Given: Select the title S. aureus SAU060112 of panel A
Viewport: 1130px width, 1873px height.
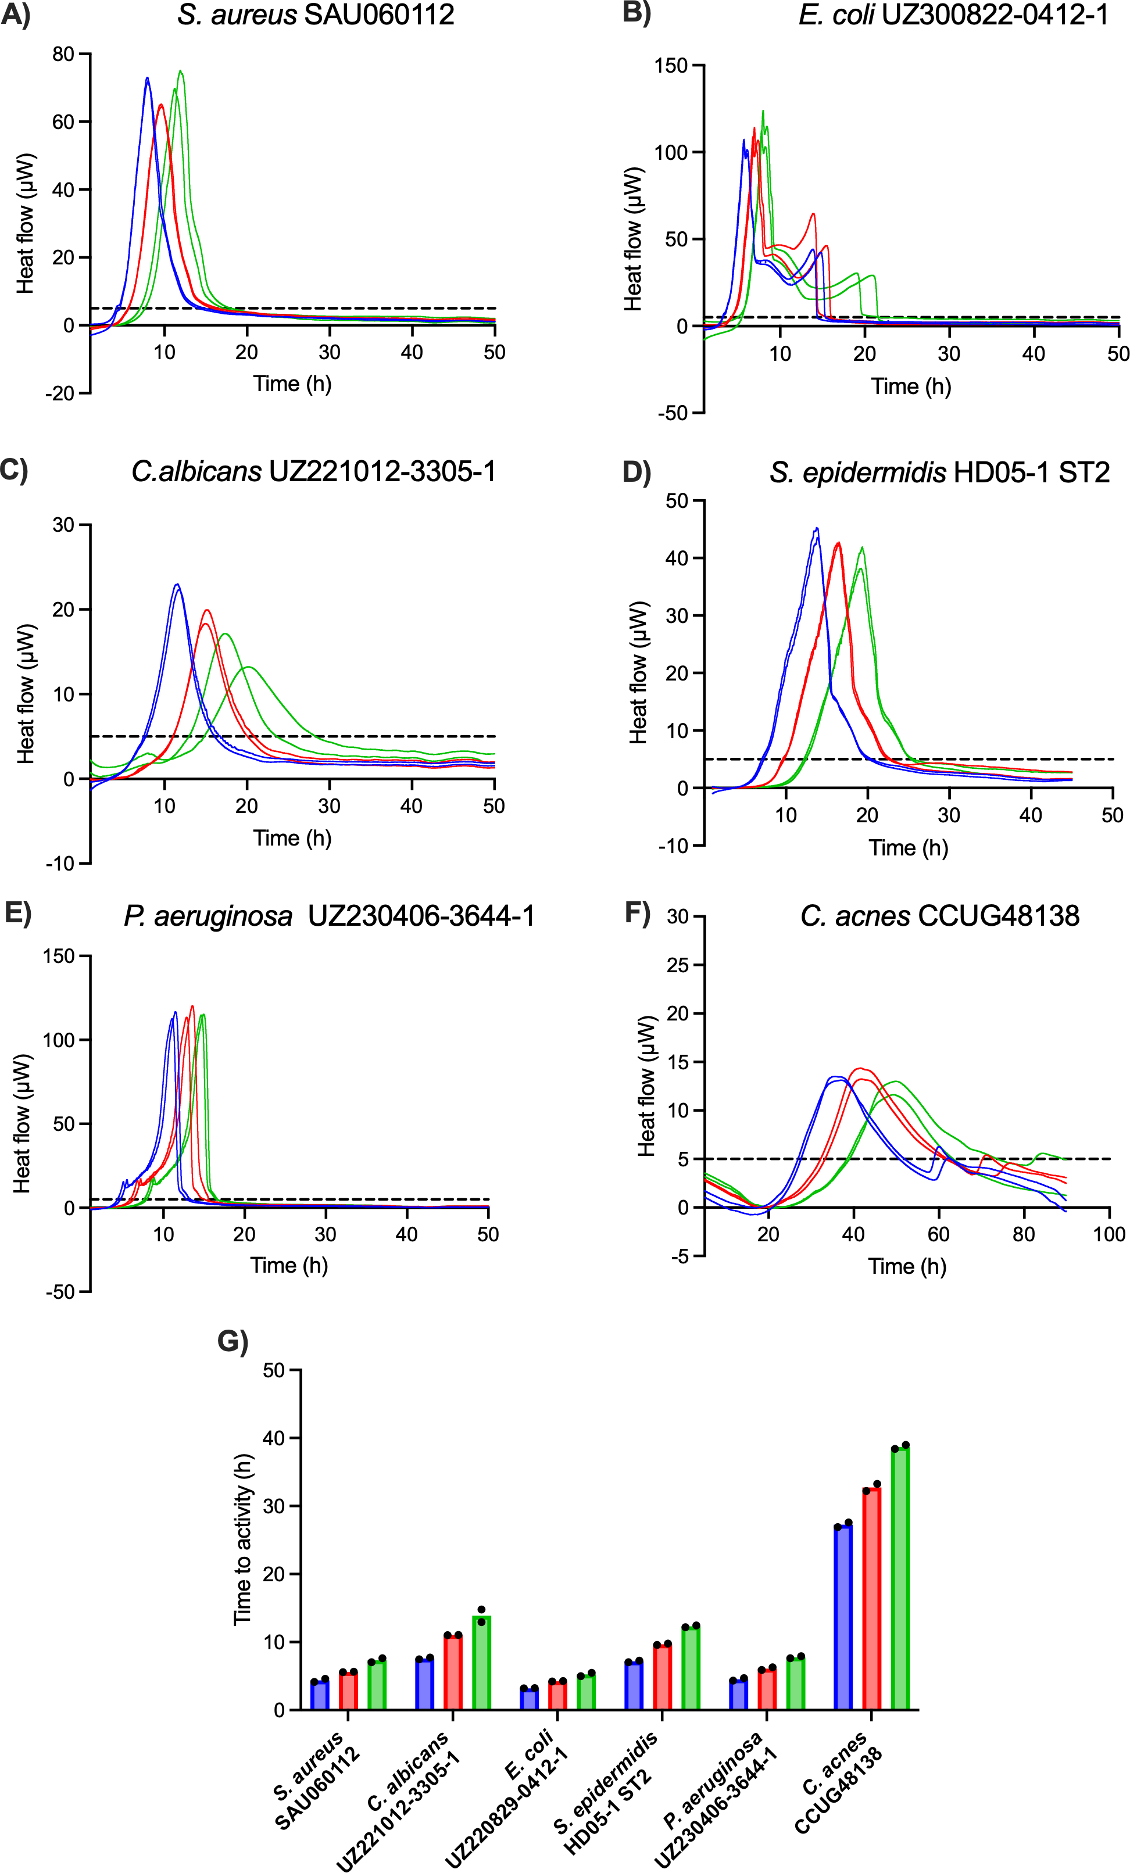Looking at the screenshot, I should (316, 15).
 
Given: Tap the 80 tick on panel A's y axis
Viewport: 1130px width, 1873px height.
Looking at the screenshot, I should (63, 54).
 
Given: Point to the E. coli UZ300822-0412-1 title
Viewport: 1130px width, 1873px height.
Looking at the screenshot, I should (953, 15).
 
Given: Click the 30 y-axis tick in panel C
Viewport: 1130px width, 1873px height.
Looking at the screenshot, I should (63, 525).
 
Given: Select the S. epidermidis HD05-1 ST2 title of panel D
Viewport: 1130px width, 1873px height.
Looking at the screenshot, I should (939, 473).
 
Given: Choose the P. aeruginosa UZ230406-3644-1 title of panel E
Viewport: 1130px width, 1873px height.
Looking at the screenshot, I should (329, 916).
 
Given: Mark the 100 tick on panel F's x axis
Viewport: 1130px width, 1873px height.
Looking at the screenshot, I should (1108, 1234).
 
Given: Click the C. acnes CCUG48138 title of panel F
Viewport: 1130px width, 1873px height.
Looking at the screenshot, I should (940, 916).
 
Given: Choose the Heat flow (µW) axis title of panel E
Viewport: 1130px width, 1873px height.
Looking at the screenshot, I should (22, 1123).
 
